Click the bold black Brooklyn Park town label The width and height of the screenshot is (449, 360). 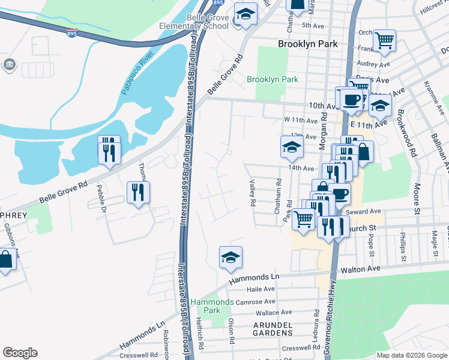(308, 44)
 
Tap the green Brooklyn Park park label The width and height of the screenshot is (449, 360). (273, 79)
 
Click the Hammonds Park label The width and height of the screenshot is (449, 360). (212, 306)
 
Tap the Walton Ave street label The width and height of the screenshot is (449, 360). (361, 271)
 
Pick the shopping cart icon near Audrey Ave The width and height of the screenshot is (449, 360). (384, 40)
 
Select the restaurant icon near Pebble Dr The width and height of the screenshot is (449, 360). (139, 192)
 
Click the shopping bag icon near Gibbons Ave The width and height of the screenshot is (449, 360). (5, 260)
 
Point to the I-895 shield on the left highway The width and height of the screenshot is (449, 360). (72, 32)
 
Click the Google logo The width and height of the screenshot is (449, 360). (20, 353)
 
